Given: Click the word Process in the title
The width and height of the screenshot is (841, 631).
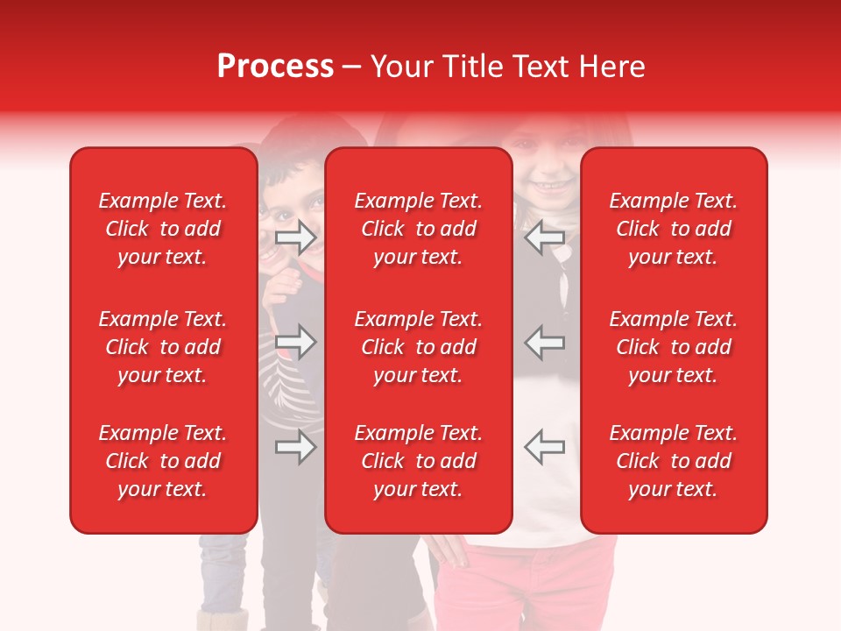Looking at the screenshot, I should (275, 67).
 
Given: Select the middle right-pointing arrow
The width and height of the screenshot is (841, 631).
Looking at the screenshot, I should (296, 342).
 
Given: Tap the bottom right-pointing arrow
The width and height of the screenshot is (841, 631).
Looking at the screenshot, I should (296, 447).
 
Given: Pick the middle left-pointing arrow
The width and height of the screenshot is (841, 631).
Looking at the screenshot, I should (544, 342).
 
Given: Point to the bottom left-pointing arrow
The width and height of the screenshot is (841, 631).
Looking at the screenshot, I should (544, 447).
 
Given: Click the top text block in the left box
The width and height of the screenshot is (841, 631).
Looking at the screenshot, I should (163, 229).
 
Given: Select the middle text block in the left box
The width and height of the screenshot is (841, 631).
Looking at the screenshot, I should (163, 347).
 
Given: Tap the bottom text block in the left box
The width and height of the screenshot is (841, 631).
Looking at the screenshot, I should (163, 461).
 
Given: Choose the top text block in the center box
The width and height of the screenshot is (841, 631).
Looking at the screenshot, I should (418, 229).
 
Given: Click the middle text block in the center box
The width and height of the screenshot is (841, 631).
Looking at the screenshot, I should (418, 347).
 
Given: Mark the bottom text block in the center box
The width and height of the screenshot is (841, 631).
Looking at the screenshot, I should (418, 461).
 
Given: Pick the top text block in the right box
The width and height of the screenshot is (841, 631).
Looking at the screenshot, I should (673, 229).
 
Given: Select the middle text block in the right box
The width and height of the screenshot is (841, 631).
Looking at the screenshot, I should (673, 347).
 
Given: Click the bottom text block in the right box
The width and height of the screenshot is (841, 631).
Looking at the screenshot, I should (673, 461).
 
